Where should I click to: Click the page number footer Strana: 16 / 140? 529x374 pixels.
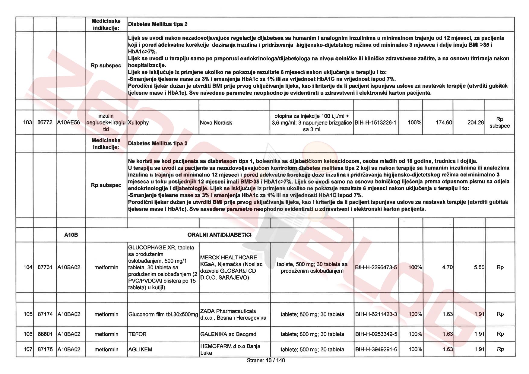265,360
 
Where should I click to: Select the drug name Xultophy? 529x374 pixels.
138,123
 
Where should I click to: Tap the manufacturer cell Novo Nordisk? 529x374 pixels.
216,123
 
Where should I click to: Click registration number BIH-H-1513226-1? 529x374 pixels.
375,123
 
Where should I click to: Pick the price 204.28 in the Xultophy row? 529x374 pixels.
476,122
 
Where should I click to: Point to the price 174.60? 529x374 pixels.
444,122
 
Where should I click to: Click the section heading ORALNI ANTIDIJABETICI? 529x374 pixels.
219,235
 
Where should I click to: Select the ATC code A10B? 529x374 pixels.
71,235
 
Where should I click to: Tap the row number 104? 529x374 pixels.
28,267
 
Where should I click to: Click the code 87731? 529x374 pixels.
45,267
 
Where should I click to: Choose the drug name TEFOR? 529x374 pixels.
137,334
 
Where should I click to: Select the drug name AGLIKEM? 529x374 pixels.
140,350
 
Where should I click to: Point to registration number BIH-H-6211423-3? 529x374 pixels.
376,314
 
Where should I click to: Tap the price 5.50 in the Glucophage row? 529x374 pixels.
479,267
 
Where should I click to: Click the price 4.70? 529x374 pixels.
447,267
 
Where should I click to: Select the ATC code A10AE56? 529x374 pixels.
69,122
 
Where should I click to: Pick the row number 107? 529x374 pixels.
28,350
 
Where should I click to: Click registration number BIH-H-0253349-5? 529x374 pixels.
376,334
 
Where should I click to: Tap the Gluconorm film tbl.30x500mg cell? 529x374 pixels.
163,314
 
